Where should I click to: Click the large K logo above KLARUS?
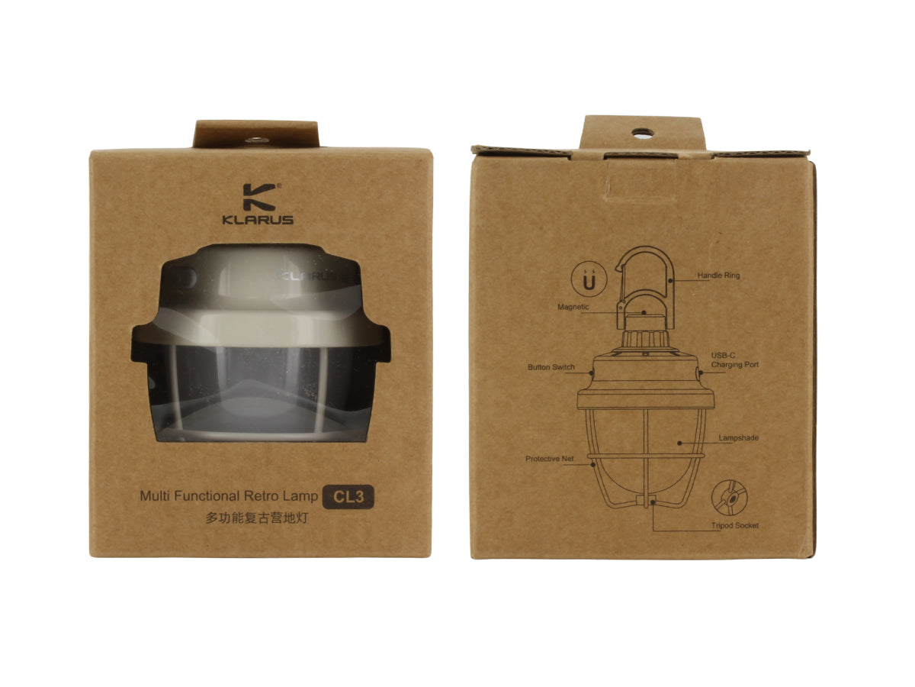[x=259, y=197]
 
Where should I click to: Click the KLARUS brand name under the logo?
[x=258, y=220]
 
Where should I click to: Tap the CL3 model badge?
[x=348, y=497]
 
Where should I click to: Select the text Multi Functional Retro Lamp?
[x=229, y=496]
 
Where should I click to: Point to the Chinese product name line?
[x=257, y=518]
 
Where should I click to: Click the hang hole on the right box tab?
[x=642, y=134]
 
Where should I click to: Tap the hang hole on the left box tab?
[x=256, y=140]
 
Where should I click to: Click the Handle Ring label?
[x=719, y=276]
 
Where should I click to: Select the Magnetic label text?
[x=573, y=307]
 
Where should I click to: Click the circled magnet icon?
[x=589, y=279]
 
